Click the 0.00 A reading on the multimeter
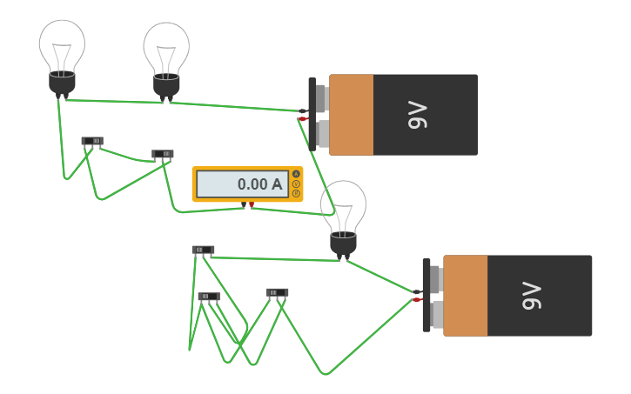[x=259, y=184]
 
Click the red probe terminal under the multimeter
[x=252, y=204]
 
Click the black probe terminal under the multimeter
[x=244, y=204]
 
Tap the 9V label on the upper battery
[x=418, y=115]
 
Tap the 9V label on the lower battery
[x=532, y=296]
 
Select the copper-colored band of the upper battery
[x=351, y=115]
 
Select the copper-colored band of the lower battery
[x=465, y=296]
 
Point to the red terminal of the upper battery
[x=304, y=119]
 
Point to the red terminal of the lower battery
[x=418, y=300]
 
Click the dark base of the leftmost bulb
[x=62, y=83]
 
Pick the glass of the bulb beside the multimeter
[x=343, y=206]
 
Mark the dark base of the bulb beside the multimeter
[x=343, y=244]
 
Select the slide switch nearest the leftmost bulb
[x=92, y=141]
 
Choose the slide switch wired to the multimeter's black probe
[x=163, y=154]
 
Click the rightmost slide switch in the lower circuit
[x=278, y=292]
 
